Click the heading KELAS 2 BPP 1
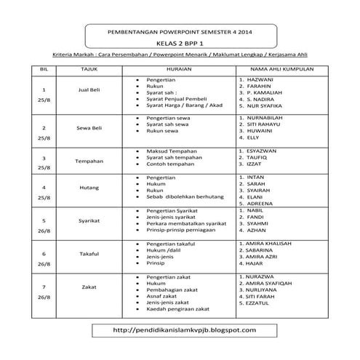point(180,44)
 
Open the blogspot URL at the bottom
point(180,330)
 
